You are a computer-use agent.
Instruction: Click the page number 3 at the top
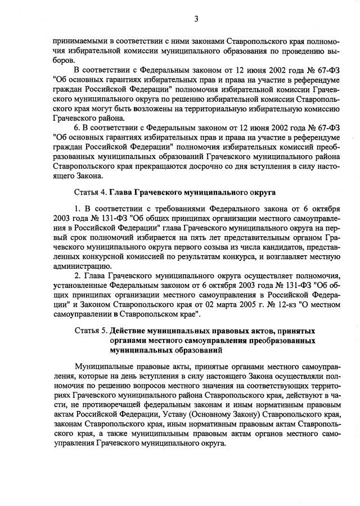pyautogui.click(x=196, y=19)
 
